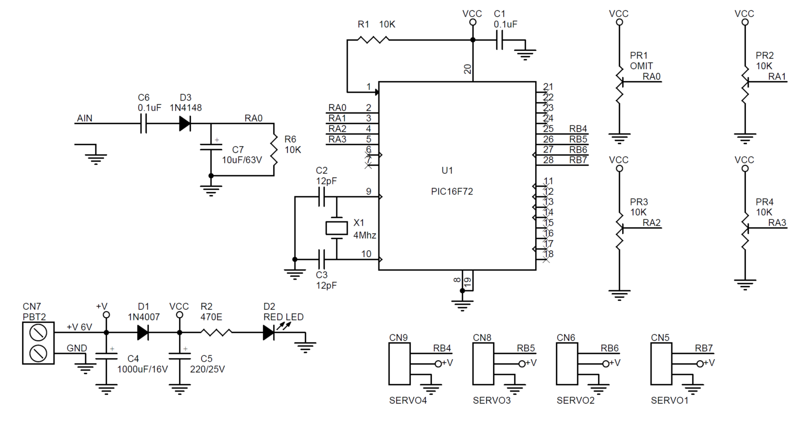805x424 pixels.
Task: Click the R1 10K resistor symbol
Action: point(373,39)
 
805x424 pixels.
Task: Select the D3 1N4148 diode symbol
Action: point(184,124)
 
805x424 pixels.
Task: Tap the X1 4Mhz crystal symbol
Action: point(336,228)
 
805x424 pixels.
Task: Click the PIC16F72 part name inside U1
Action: point(452,192)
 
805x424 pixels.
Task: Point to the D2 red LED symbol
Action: point(269,332)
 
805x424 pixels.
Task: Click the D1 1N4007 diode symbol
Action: point(143,332)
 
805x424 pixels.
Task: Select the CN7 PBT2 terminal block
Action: point(38,343)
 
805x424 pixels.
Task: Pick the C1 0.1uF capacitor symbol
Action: point(499,39)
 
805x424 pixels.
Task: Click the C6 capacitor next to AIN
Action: point(143,124)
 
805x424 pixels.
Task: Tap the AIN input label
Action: point(84,118)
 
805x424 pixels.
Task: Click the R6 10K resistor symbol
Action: point(274,149)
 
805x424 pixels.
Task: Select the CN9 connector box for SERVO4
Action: point(399,364)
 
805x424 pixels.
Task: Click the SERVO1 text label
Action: point(669,400)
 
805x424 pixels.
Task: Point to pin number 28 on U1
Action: point(548,160)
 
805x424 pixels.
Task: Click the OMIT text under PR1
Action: point(641,66)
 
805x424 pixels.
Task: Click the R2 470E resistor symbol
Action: point(216,332)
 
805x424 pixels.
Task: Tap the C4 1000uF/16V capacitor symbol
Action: point(106,356)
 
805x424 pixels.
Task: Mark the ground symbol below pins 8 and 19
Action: point(462,305)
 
